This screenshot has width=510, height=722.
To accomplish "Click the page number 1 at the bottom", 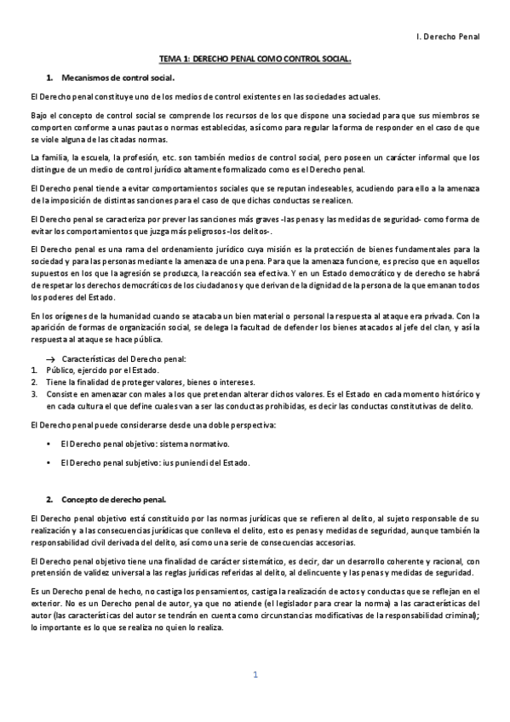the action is click(255, 675).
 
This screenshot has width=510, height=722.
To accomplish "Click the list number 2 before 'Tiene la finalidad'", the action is click(33, 382).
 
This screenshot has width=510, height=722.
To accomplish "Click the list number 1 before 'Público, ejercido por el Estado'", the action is click(33, 371).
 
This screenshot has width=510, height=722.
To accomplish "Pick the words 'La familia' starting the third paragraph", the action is click(46, 158).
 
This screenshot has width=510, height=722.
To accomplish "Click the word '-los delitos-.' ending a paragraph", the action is click(247, 231).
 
